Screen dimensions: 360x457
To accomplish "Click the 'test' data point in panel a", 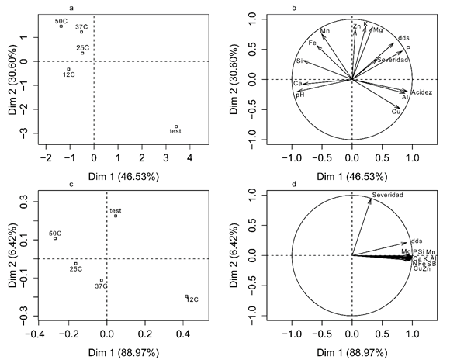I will pyautogui.click(x=176, y=126).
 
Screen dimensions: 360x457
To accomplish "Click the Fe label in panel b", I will pyautogui.click(x=312, y=43).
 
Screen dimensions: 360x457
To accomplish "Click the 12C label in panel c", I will pyautogui.click(x=193, y=299).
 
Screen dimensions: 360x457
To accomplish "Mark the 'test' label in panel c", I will pyautogui.click(x=116, y=210).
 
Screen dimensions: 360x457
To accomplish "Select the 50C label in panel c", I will pyautogui.click(x=55, y=233).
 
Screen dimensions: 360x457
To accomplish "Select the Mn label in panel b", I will pyautogui.click(x=325, y=31).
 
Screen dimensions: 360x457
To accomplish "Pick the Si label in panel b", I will pyautogui.click(x=299, y=61).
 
